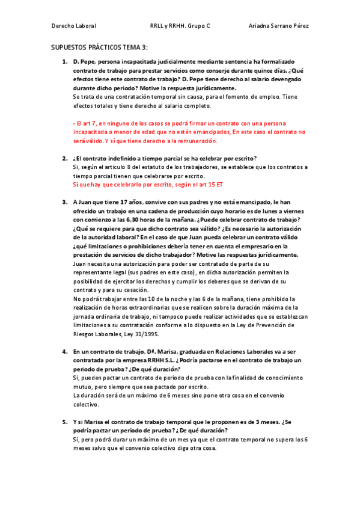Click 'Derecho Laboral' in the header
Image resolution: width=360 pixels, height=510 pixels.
[x=74, y=26]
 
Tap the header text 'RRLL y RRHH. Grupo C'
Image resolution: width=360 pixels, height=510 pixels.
[x=180, y=26]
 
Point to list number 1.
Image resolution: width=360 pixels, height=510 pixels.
[x=64, y=62]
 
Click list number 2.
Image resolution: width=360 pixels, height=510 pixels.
[x=64, y=158]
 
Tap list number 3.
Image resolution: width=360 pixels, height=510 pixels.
[x=64, y=203]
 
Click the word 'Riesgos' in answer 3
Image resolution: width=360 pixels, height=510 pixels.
[x=85, y=334]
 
